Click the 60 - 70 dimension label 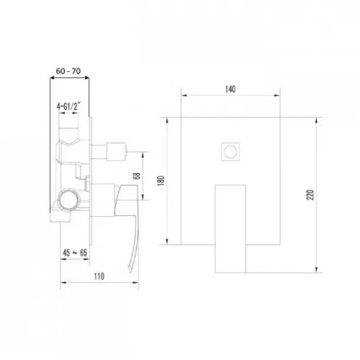[68, 71]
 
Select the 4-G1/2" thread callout [68, 106]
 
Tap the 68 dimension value [136, 176]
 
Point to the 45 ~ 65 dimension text [75, 253]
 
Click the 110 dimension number [99, 276]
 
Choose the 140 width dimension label [230, 89]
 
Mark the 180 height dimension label [161, 181]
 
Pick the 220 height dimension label [310, 194]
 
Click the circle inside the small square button [230, 152]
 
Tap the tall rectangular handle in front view [230, 229]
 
